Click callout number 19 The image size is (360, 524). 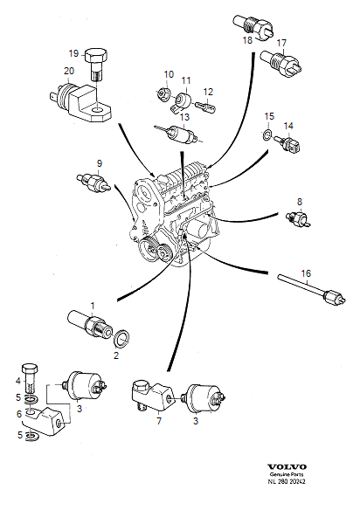point(73,53)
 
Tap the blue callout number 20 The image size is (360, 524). point(68,71)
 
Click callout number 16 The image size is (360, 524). point(306,273)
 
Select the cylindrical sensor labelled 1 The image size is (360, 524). point(88,324)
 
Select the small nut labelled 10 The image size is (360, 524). point(165,93)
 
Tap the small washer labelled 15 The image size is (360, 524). point(267,136)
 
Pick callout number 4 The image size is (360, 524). point(17,381)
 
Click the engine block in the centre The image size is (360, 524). point(175,214)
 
